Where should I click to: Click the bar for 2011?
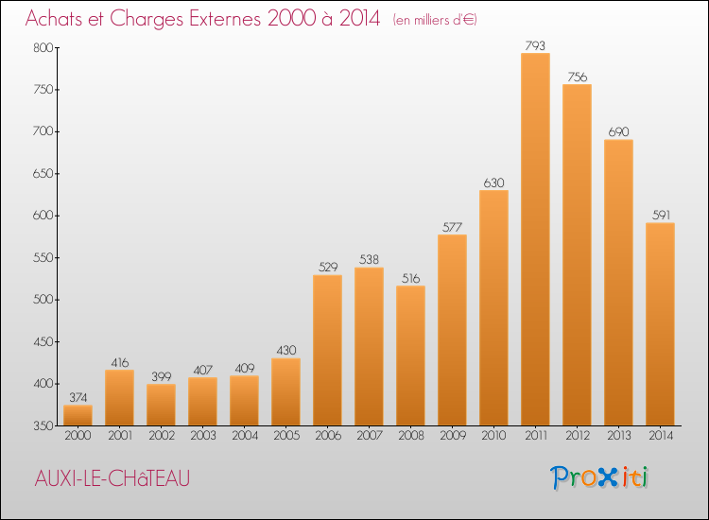535,239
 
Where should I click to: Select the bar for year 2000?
78,415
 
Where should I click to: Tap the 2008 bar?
410,355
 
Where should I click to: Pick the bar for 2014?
660,324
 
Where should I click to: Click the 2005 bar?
285,391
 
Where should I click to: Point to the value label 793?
535,45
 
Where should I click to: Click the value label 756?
578,77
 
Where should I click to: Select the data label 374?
78,397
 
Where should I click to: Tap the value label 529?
328,268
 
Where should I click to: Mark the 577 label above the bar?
452,227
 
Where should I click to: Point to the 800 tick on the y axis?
43,48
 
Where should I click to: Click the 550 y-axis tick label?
43,258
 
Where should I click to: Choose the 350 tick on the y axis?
43,426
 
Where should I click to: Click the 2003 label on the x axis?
203,436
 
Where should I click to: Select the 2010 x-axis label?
493,436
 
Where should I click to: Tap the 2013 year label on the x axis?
618,436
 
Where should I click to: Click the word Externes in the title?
225,18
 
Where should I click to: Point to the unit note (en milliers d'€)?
435,20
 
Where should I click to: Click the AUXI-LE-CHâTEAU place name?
112,478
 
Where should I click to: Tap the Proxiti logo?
599,477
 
